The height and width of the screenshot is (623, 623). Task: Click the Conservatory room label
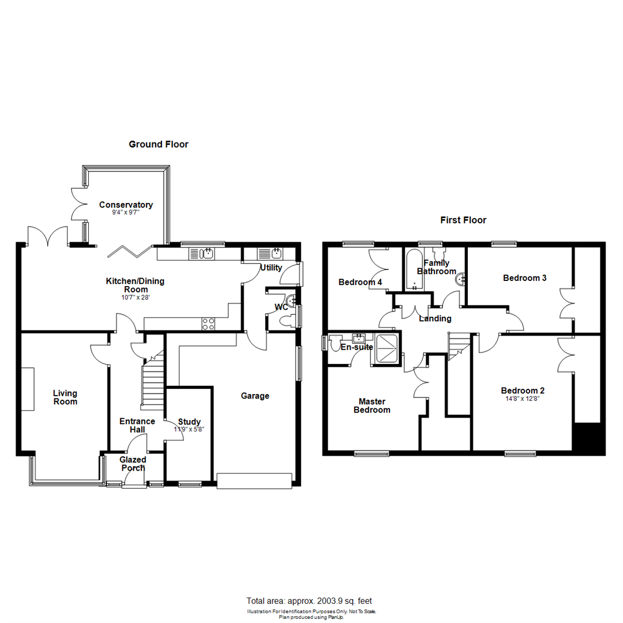[x=126, y=205]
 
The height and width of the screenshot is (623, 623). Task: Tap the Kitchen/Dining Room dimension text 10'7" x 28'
[x=134, y=298]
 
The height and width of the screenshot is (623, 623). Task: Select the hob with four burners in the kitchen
[x=208, y=324]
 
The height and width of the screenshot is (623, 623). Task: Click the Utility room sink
[x=271, y=253]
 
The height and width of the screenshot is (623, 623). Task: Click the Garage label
[x=255, y=396]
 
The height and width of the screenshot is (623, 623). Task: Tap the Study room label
[x=189, y=421]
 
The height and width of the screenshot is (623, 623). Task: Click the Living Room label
[x=65, y=397]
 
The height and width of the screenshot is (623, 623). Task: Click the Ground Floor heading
[x=158, y=144]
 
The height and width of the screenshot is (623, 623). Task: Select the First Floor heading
[x=463, y=220]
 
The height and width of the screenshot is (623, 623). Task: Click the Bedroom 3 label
[x=524, y=277]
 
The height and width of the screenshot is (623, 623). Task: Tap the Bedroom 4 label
[x=360, y=282]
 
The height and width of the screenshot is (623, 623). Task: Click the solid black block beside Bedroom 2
[x=588, y=438]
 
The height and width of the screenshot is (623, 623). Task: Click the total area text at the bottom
[x=313, y=601]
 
